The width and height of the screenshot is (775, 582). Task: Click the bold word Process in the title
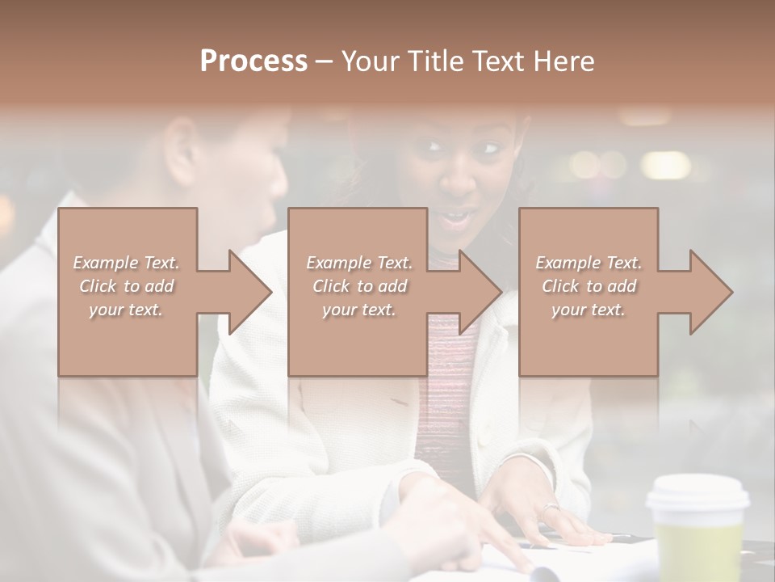click(x=253, y=61)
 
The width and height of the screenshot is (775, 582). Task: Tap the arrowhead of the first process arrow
click(x=250, y=292)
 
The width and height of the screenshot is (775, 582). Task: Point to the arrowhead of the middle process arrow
click(x=480, y=292)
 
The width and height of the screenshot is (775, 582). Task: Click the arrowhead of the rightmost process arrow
click(x=711, y=292)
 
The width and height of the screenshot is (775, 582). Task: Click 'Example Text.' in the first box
click(x=126, y=263)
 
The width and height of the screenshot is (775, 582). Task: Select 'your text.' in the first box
click(x=126, y=310)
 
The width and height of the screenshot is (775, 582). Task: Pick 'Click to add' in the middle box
click(x=359, y=286)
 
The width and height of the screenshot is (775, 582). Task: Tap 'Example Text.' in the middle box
click(x=359, y=263)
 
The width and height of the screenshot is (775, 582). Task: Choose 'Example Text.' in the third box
click(x=589, y=263)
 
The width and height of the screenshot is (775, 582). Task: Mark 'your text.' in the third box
click(x=589, y=310)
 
